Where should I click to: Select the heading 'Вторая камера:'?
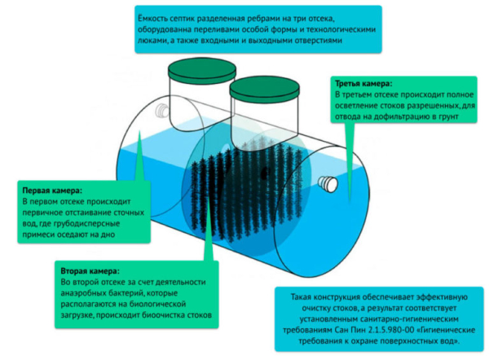[90, 270]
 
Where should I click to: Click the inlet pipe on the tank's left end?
[161, 107]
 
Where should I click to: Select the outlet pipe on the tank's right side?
[328, 184]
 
